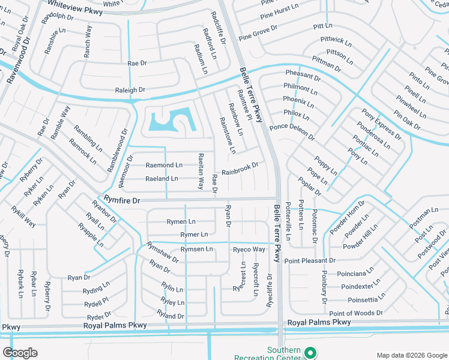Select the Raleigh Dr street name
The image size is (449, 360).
coord(130,90)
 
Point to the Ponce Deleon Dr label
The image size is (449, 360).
coord(292,132)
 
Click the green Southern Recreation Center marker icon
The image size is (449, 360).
coord(310,353)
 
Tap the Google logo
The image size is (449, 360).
coord(20,352)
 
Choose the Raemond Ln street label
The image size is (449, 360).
coord(164,165)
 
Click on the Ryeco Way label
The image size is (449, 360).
coord(249,250)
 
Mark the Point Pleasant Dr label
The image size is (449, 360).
coord(310,260)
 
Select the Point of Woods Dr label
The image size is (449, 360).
coord(355,313)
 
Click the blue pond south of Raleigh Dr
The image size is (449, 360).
coord(170,122)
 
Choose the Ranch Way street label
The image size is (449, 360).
coord(88,41)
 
